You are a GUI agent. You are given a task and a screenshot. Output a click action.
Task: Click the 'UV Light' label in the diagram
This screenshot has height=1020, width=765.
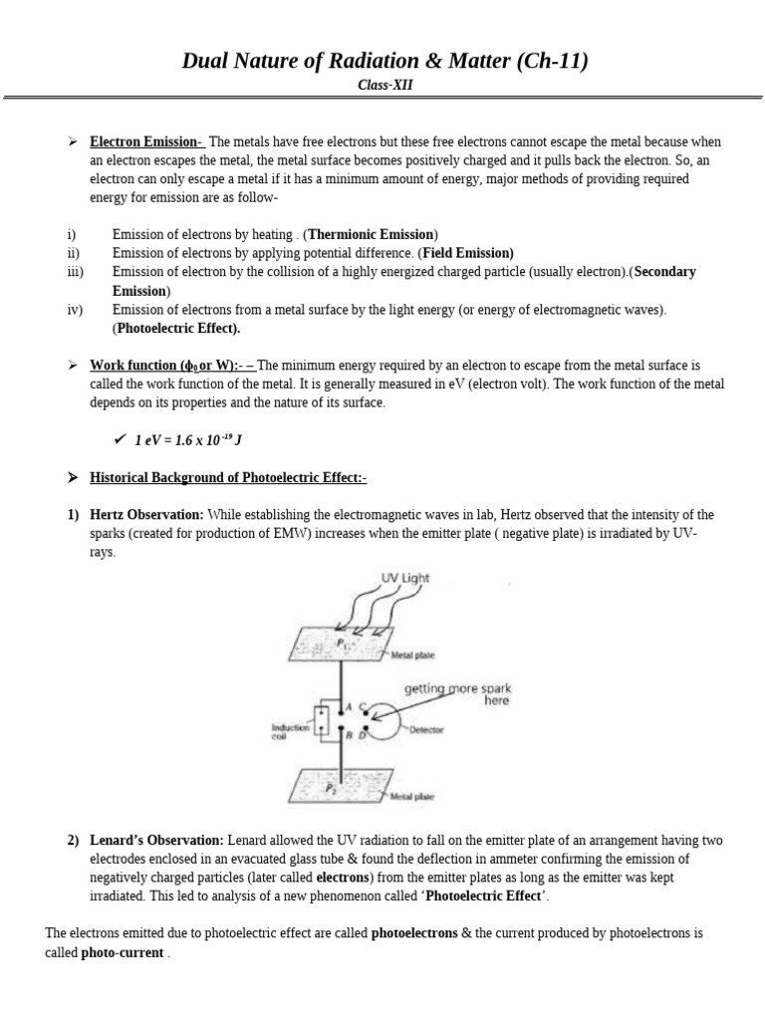pyautogui.click(x=405, y=578)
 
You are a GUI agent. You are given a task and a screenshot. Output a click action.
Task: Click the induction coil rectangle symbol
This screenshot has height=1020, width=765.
pyautogui.click(x=323, y=722)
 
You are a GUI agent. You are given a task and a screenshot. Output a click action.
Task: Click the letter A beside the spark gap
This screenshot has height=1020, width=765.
pyautogui.click(x=346, y=709)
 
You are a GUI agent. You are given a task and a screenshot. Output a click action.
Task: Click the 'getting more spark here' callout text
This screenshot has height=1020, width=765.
pyautogui.click(x=457, y=694)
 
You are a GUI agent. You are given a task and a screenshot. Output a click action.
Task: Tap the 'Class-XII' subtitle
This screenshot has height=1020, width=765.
pyautogui.click(x=384, y=86)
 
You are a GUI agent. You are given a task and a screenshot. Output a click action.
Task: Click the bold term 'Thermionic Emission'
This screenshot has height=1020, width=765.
pyautogui.click(x=371, y=234)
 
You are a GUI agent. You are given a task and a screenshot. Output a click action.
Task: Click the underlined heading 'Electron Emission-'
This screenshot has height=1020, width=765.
pyautogui.click(x=146, y=141)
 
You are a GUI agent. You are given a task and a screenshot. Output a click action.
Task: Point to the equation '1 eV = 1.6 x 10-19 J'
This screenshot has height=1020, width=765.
pyautogui.click(x=188, y=440)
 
